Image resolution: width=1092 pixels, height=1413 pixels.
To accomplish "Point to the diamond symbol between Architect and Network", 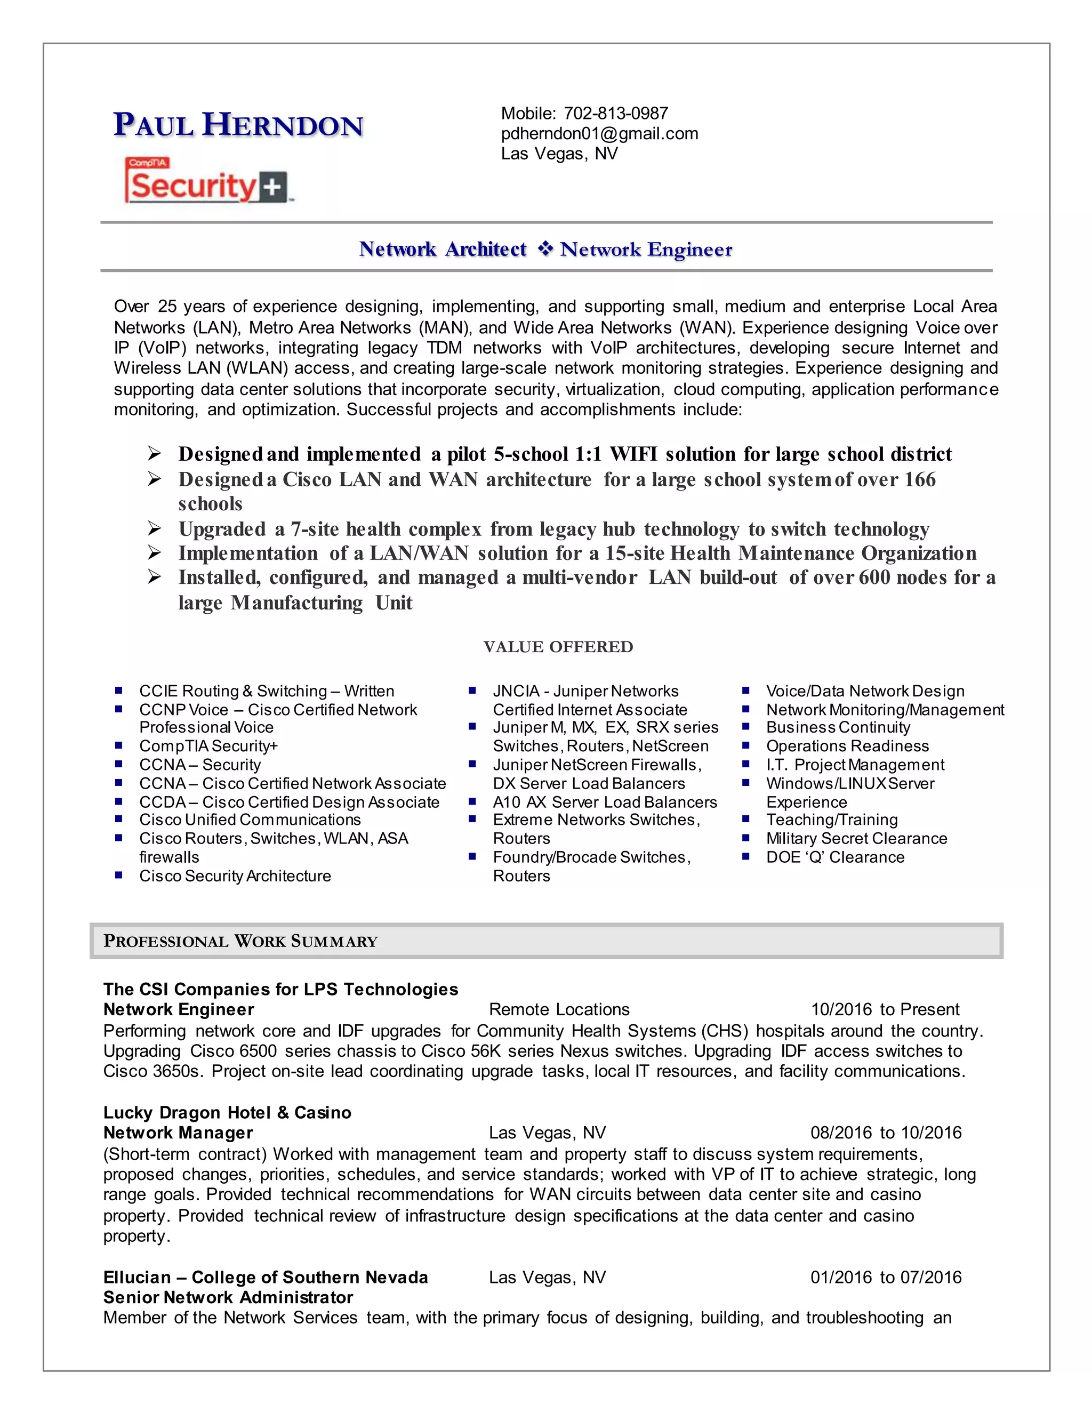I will click(x=545, y=248).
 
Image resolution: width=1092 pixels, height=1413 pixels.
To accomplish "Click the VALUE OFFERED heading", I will click(x=558, y=646).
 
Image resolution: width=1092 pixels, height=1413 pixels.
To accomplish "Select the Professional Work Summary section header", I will click(x=240, y=941).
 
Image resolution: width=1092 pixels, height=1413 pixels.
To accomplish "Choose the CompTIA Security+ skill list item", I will click(x=208, y=745).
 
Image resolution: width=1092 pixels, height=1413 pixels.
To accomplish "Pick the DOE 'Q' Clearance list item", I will click(x=834, y=857).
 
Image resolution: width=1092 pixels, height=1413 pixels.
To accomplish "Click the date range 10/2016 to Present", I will click(x=885, y=1009).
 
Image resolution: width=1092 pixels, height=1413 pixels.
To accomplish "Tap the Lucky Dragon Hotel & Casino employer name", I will click(x=227, y=1112).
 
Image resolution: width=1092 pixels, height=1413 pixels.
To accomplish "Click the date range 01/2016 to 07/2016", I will click(x=885, y=1277).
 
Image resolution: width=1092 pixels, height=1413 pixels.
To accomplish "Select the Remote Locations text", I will click(x=559, y=1009).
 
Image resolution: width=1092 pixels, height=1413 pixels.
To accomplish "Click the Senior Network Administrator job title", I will click(x=228, y=1297).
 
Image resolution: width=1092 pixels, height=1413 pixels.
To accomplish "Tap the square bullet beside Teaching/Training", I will click(x=745, y=819).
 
